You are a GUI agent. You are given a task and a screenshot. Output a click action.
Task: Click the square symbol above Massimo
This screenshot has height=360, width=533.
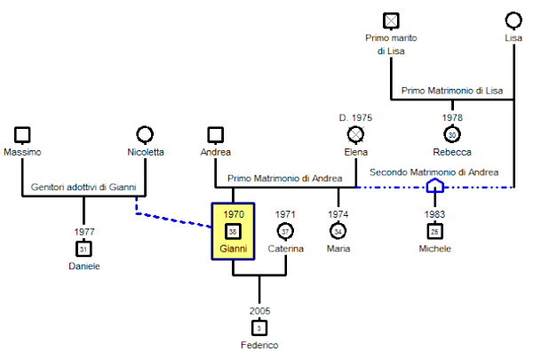point(23,134)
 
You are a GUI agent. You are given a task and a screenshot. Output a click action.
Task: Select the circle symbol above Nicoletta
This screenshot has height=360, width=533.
point(145,134)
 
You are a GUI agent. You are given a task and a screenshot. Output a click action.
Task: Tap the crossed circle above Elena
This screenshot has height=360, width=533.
point(356,134)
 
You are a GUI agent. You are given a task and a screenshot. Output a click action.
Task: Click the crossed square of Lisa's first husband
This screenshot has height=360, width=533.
point(391,20)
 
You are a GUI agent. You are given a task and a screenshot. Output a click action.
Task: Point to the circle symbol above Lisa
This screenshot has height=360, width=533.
point(513,20)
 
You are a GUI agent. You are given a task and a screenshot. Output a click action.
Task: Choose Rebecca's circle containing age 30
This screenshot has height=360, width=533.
point(452,134)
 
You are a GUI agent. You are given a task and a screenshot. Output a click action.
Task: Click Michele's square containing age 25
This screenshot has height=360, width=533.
point(434,231)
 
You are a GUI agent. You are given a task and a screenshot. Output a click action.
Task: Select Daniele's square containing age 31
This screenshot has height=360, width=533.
point(84,248)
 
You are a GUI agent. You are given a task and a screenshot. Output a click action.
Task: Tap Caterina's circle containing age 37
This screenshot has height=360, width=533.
point(285,231)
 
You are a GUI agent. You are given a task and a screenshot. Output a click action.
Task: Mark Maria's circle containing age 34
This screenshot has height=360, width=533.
point(338,231)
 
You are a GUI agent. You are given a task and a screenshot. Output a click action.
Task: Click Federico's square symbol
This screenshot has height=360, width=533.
point(259,327)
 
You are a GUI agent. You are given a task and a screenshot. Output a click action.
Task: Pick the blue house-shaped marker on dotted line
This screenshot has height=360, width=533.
point(434,187)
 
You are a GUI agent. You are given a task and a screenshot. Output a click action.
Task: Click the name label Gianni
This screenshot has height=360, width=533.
point(233,248)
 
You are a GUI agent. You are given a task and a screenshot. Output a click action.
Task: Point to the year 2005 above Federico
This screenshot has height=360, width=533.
point(259,311)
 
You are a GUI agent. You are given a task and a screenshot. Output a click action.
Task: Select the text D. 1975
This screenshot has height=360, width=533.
point(356,117)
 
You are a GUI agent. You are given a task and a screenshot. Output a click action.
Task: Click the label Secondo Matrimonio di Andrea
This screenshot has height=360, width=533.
point(434,172)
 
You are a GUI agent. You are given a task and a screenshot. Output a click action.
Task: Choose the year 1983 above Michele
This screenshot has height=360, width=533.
point(434,214)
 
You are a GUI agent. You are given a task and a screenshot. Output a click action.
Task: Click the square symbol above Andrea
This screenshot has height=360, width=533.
point(214,134)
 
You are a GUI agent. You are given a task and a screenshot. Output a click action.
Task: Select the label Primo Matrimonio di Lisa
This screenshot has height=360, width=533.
point(452,91)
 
